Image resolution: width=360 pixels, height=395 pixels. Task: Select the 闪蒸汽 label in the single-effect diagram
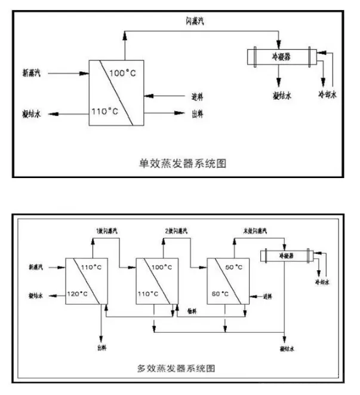[195, 22]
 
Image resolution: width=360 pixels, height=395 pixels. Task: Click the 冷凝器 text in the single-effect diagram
[281, 59]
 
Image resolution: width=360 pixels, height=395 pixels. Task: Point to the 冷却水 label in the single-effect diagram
[328, 94]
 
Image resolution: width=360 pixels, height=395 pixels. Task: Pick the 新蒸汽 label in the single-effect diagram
[32, 74]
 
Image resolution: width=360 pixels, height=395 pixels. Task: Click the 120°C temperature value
[78, 293]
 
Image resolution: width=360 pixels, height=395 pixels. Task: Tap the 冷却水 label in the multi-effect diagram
[321, 281]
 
